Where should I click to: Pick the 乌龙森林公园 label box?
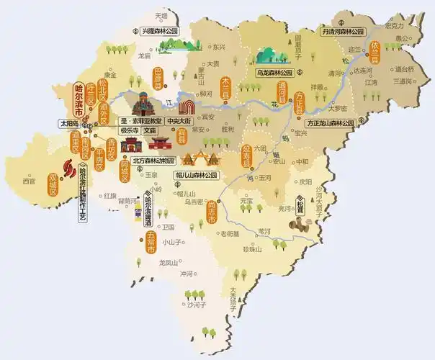click(x=273, y=73)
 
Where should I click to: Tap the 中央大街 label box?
click(x=180, y=120)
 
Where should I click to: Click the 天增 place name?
click(x=161, y=14)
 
